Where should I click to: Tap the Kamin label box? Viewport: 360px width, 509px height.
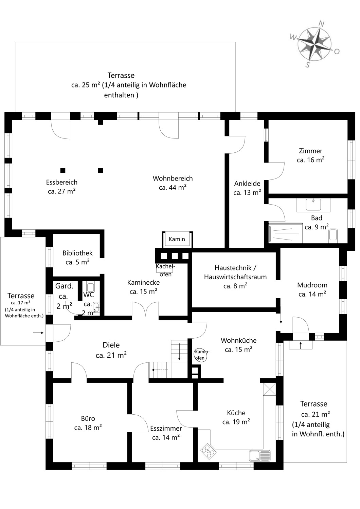click(x=177, y=239)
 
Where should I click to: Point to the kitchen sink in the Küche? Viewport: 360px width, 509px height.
click(x=260, y=456)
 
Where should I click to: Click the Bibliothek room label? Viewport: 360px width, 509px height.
click(x=77, y=257)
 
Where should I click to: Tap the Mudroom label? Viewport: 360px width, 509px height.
click(x=312, y=289)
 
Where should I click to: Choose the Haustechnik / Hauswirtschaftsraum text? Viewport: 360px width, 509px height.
click(x=235, y=272)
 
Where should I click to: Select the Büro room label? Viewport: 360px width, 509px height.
click(x=88, y=423)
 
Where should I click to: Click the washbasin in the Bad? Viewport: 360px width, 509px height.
click(x=313, y=205)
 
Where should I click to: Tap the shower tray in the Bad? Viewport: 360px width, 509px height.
click(x=285, y=233)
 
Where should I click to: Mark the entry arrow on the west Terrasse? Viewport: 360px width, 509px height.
click(x=38, y=333)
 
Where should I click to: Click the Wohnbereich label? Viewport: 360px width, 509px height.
click(x=173, y=183)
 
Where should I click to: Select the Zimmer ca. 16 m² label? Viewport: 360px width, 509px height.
click(x=310, y=155)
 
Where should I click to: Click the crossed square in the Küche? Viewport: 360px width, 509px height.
click(x=269, y=389)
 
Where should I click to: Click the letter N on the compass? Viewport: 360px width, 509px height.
click(x=321, y=24)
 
